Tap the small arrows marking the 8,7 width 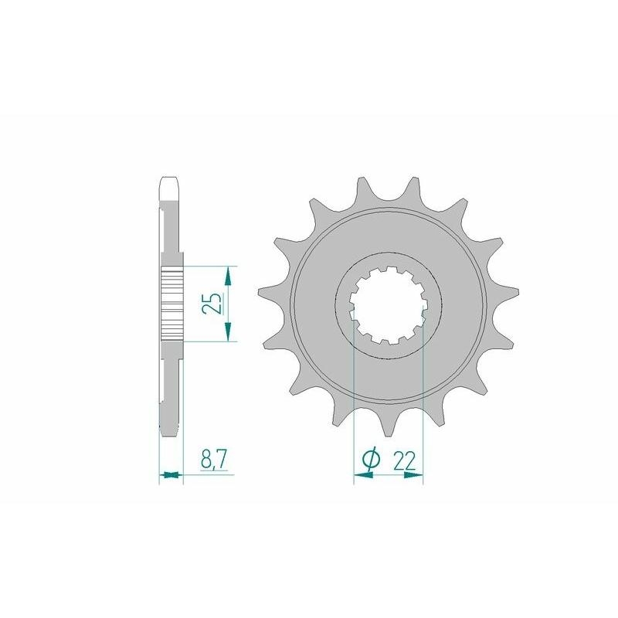point(171,475)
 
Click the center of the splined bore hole point(388,304)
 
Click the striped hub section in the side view point(171,304)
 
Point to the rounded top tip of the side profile point(170,183)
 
